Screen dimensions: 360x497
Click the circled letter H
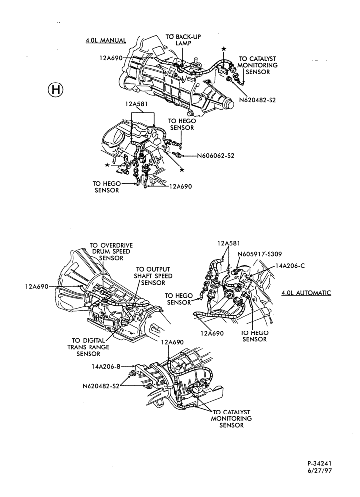(56, 90)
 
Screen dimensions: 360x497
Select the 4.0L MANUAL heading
(105, 41)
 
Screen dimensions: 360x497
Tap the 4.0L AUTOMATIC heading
(306, 293)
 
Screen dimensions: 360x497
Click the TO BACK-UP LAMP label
(183, 40)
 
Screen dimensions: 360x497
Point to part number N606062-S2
(216, 156)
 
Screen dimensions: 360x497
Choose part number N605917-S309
(260, 254)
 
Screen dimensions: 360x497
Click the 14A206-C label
(290, 266)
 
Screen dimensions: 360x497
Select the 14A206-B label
(106, 366)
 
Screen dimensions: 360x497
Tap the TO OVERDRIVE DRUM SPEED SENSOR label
(111, 251)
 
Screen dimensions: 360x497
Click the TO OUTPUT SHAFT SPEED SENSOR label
(153, 276)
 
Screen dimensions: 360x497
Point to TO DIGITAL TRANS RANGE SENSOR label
(88, 347)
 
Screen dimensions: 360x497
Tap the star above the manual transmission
(224, 49)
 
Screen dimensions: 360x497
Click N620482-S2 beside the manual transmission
(258, 100)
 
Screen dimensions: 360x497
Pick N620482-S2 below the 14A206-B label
(101, 386)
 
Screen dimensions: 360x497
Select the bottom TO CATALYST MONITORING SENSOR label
(231, 418)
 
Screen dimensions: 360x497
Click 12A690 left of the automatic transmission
(36, 287)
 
